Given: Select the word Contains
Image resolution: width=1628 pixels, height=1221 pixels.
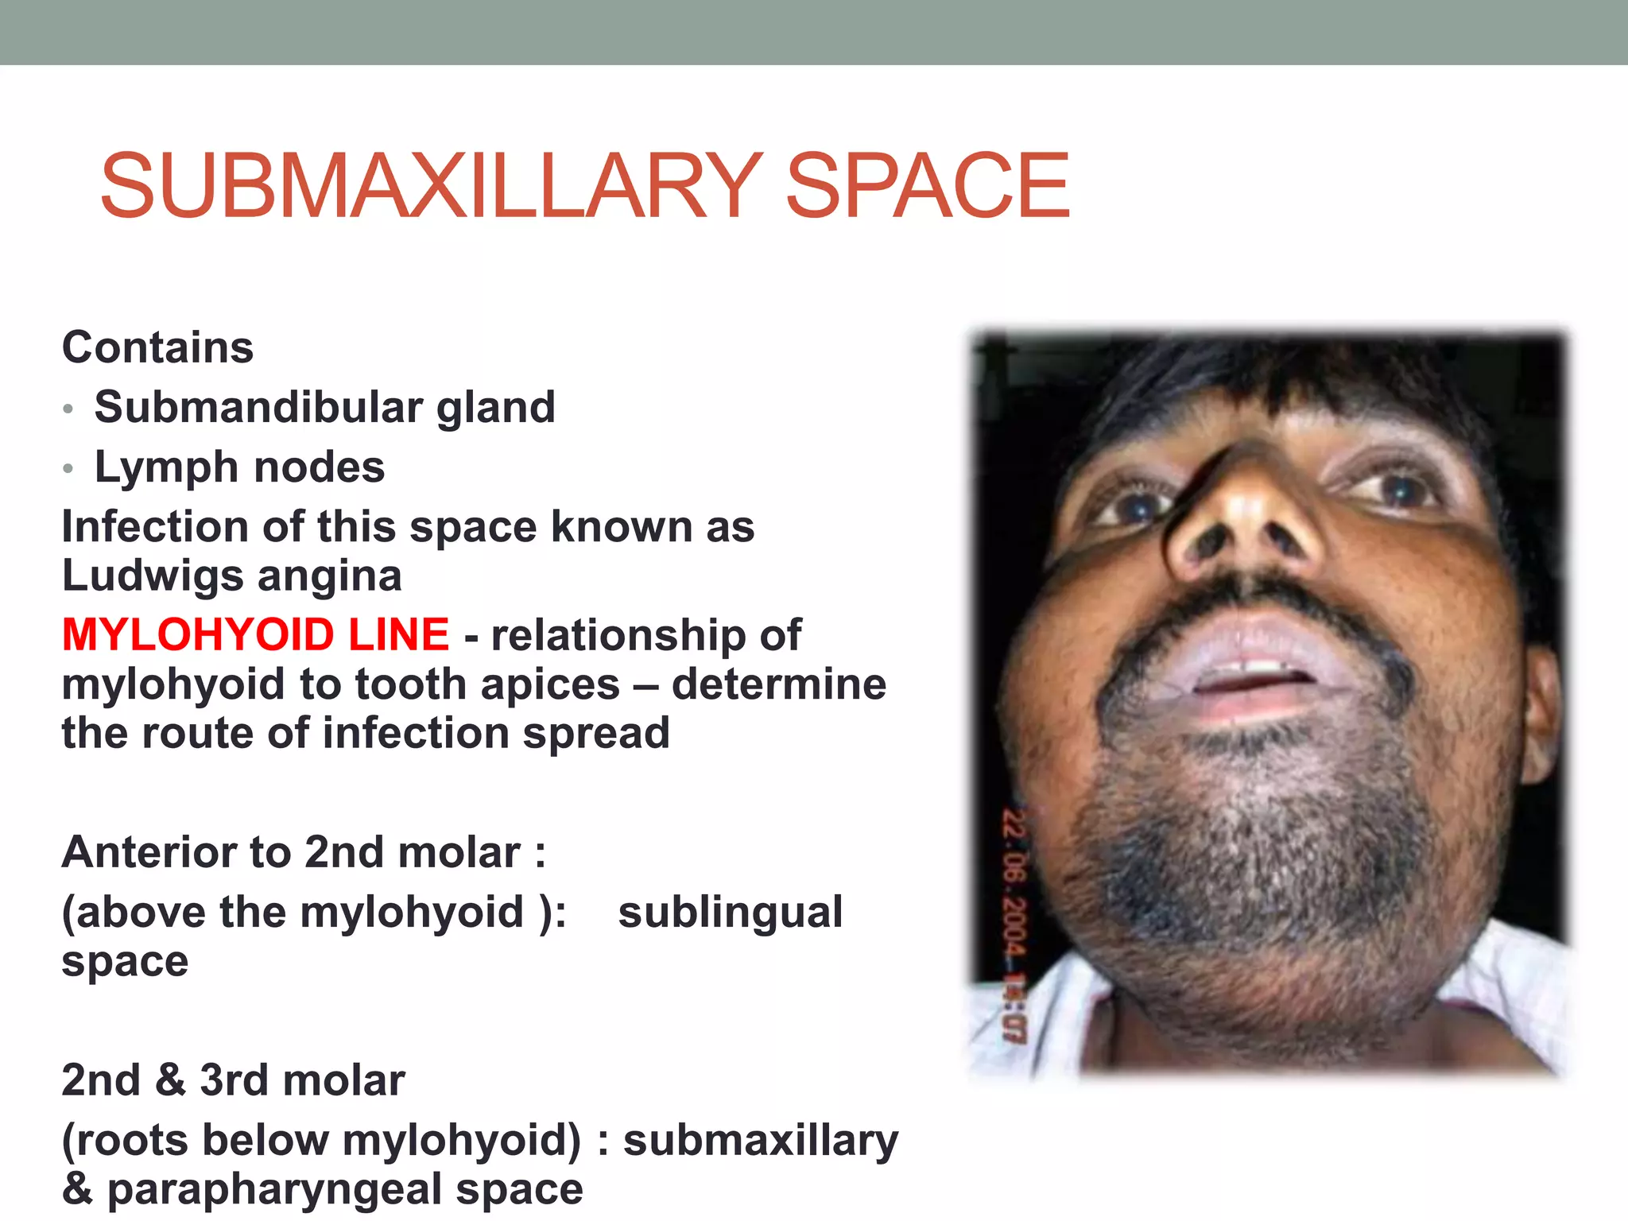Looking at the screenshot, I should (157, 347).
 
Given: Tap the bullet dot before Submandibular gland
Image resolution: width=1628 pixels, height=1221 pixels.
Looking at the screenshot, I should (68, 409).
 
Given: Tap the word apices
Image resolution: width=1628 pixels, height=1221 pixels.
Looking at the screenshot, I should (545, 684).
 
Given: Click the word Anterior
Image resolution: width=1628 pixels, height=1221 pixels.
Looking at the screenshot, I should (147, 852).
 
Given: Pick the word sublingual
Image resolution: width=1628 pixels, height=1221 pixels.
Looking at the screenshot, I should (730, 912).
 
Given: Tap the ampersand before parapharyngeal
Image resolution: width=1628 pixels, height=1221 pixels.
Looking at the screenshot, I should (77, 1189).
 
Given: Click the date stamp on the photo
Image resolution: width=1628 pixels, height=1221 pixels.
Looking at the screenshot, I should (1014, 922).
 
